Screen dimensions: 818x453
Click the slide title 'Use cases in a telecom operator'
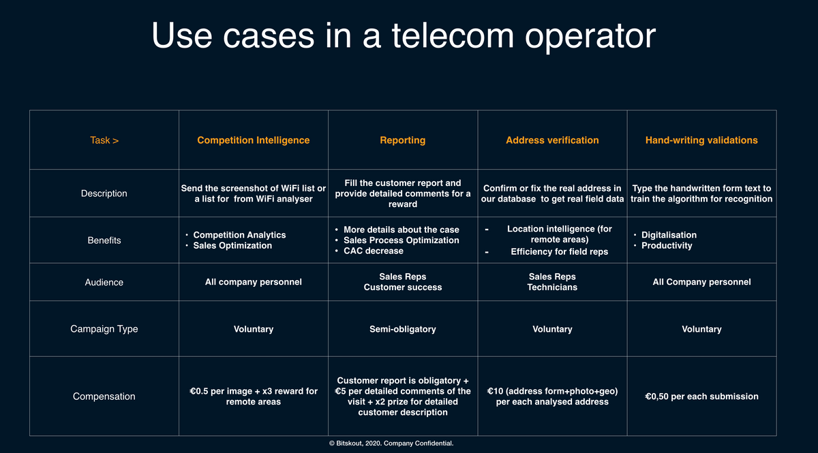[404, 35]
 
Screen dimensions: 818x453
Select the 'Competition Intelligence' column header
[254, 140]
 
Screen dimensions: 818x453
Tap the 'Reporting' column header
[402, 140]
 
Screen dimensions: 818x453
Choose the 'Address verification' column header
[552, 140]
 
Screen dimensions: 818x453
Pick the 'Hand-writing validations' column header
[701, 140]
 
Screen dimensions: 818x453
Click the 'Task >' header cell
[104, 140]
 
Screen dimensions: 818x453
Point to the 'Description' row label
[104, 193]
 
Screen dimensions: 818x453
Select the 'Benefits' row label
[104, 240]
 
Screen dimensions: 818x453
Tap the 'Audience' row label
[104, 282]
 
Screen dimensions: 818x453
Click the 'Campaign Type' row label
[104, 329]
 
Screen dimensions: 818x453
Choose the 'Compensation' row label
[104, 396]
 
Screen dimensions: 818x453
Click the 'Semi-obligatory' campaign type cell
[402, 329]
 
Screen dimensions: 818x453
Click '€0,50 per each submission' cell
[701, 396]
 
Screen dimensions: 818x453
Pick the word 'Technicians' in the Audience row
[552, 287]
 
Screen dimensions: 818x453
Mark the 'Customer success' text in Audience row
[402, 287]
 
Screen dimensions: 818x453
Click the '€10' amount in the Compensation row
[495, 391]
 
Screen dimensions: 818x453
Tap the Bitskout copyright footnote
[391, 443]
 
